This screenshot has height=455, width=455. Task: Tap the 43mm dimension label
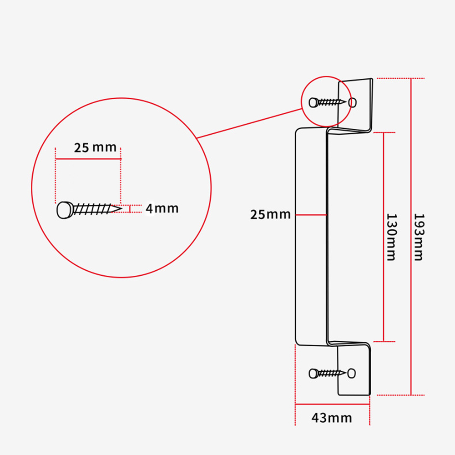332,417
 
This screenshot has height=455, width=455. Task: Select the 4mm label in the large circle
162,209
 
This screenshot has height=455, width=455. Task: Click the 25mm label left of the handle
270,214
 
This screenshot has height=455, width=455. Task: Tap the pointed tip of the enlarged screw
119,209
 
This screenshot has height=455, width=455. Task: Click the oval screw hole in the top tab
352,102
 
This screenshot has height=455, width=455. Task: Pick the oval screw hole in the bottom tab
352,373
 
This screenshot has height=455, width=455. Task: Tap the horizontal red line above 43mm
332,404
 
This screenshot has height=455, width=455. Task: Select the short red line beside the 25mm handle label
311,214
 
